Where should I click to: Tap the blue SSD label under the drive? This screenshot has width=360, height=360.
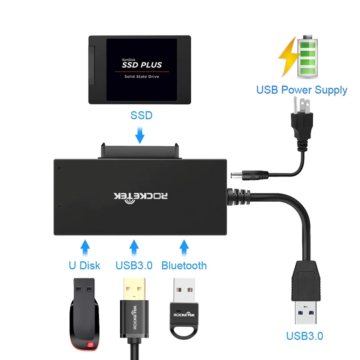[x=141, y=116]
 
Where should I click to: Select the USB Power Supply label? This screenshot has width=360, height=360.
[x=301, y=90]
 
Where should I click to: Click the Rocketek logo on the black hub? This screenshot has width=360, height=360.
[x=141, y=196]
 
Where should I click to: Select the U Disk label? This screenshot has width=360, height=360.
[x=84, y=265]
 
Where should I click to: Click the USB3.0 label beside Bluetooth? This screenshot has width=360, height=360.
[x=134, y=265]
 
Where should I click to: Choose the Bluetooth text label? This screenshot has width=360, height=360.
[x=184, y=265]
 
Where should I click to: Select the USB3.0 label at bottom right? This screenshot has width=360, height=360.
[x=304, y=336]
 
